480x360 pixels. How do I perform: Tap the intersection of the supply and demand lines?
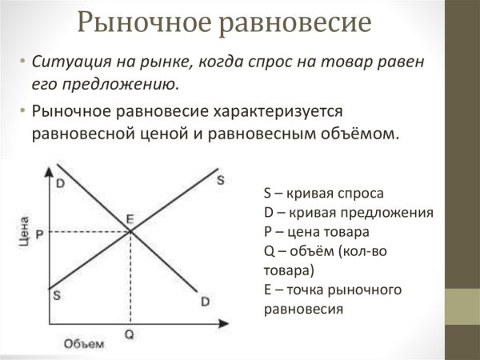[130, 232]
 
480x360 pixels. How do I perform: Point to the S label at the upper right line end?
[220, 179]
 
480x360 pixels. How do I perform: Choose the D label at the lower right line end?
[206, 301]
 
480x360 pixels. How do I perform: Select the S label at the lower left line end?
[56, 294]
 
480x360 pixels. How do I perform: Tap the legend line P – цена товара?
[315, 232]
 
